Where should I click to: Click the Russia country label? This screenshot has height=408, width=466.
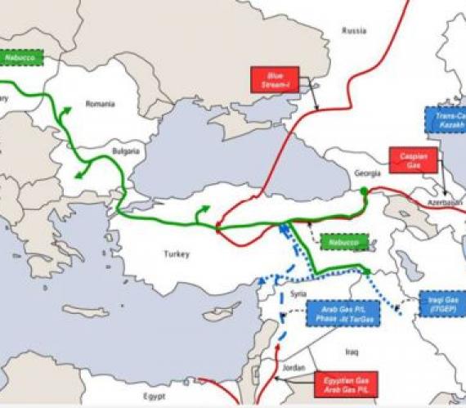click(x=353, y=32)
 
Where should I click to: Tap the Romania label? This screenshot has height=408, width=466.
click(x=101, y=105)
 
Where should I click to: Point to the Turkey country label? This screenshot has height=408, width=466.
click(x=176, y=254)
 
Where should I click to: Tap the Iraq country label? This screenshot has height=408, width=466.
click(x=352, y=351)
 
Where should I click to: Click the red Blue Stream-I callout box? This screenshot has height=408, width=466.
click(x=276, y=79)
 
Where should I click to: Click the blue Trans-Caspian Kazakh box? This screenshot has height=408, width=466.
click(x=446, y=120)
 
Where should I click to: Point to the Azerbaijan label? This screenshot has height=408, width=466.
click(x=448, y=201)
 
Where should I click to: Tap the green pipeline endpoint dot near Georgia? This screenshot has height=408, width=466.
click(x=364, y=191)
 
